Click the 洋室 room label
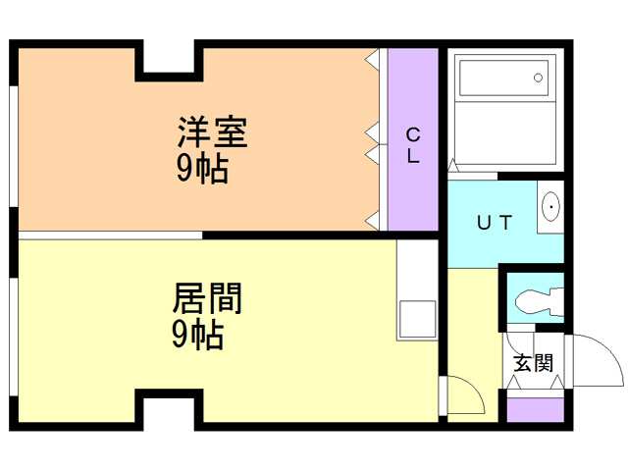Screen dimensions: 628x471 tap(212, 131)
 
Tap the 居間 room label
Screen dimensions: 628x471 tap(207, 298)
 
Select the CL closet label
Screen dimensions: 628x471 tap(413, 145)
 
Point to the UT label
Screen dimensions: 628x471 tap(495, 223)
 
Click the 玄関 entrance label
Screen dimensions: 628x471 tap(534, 363)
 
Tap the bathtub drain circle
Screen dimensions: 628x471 tap(539, 78)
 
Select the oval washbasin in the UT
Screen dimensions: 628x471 tap(551, 207)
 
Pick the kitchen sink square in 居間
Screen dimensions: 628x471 tap(418, 320)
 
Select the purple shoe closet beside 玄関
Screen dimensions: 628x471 tap(535, 410)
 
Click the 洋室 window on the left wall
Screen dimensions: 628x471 tap(14, 146)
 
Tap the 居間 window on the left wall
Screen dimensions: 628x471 tap(14, 337)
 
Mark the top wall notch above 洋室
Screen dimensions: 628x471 tap(169, 60)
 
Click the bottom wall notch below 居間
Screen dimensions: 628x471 tap(169, 409)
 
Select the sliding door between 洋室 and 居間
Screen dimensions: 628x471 tap(111, 235)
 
